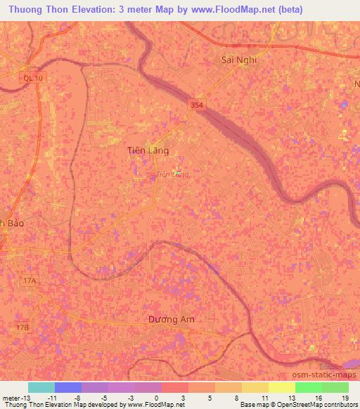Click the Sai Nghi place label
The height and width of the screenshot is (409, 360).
[238, 60]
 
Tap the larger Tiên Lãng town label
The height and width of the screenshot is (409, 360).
[148, 150]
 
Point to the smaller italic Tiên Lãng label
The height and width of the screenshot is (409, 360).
[172, 173]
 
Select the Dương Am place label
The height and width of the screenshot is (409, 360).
[171, 319]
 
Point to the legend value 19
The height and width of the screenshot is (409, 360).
[345, 397]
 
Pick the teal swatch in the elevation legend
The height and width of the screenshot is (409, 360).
[41, 387]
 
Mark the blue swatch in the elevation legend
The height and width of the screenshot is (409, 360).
[68, 387]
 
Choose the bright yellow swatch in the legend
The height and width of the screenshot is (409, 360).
[281, 387]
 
